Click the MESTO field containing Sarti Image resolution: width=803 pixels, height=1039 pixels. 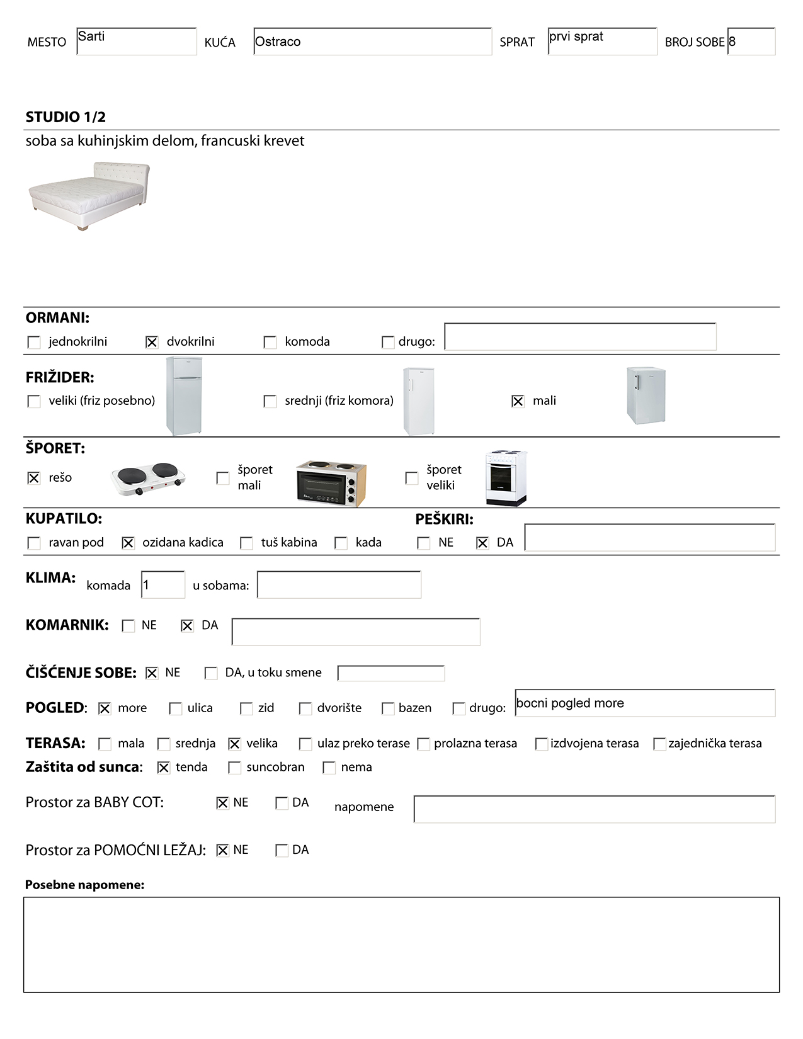136,42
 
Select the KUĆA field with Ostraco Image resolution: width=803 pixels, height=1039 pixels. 372,42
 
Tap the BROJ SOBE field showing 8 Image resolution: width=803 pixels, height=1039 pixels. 751,42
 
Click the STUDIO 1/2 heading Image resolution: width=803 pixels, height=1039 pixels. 65,117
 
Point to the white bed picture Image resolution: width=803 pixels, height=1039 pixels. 89,195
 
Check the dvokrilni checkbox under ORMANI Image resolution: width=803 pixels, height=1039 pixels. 152,342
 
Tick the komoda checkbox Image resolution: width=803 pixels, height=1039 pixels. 270,342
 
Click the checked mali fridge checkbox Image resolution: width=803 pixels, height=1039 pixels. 518,401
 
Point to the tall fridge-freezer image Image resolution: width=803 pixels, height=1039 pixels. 184,396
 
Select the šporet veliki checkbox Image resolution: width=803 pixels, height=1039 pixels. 412,478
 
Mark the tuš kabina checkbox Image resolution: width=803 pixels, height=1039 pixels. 247,543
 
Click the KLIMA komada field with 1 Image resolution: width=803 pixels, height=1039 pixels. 163,585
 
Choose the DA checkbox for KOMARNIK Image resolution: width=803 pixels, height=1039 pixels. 187,626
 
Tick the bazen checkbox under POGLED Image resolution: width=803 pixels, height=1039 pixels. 388,708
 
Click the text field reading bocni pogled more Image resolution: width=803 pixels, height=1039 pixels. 644,703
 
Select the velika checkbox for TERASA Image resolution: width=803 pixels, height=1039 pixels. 234,744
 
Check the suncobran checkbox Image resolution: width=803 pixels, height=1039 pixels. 234,768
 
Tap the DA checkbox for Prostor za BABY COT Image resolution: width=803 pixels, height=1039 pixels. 282,803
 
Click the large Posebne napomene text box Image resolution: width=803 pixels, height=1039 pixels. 401,945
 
